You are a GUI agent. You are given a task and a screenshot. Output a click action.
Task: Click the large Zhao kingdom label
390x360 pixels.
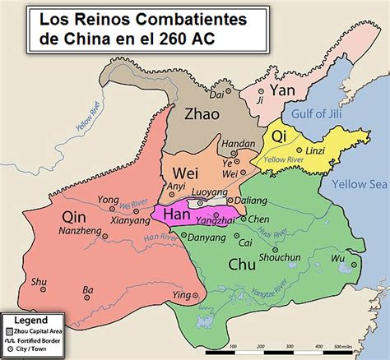202,114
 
